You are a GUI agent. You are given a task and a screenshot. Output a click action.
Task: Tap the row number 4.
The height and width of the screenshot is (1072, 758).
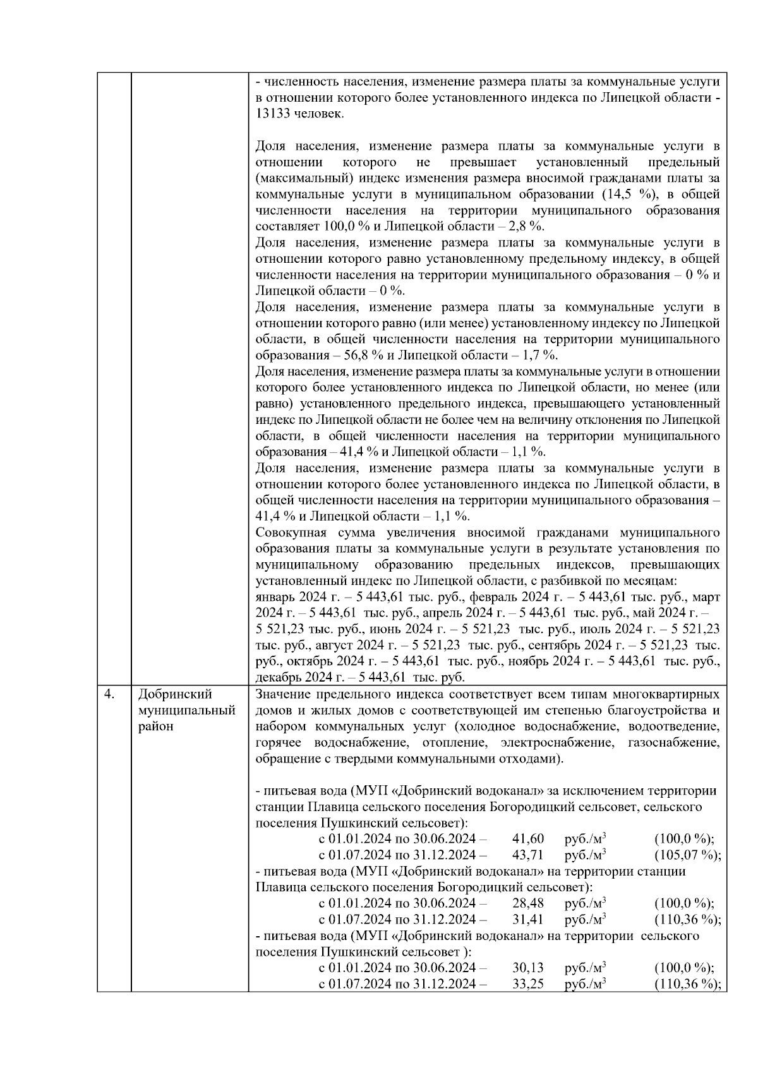point(109,694)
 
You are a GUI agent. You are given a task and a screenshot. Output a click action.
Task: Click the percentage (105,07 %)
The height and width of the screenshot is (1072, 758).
point(688,855)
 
